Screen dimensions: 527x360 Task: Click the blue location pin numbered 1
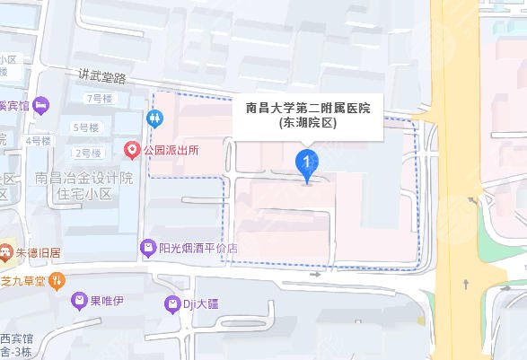pos(308,163)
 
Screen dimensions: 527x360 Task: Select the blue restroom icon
pos(156,118)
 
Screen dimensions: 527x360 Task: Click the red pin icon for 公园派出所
pos(132,149)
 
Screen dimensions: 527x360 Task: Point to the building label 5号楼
pos(87,127)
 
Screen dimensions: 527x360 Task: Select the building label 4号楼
pos(39,141)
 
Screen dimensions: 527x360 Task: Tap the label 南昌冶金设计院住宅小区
pos(83,185)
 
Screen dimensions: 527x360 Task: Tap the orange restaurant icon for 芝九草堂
pos(58,280)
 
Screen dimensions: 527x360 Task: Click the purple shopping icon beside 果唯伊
pos(81,300)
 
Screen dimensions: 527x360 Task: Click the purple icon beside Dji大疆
pos(171,306)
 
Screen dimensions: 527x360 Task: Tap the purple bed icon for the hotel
pos(41,105)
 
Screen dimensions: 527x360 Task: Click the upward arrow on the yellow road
pos(465,284)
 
